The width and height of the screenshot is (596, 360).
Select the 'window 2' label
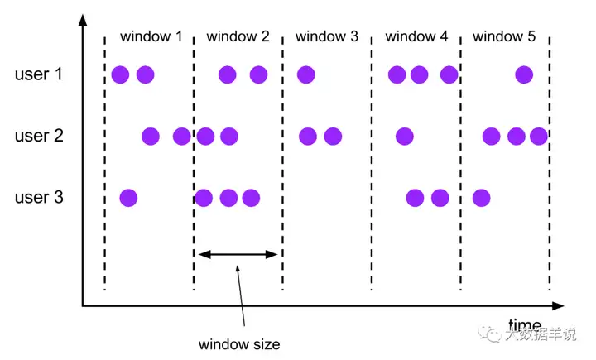point(238,36)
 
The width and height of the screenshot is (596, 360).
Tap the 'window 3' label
point(327,36)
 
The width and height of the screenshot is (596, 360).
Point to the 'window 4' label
point(416,36)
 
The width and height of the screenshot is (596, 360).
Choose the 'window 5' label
point(504,36)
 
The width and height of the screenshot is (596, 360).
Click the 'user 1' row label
point(39,74)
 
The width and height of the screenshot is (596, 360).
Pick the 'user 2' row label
point(39,136)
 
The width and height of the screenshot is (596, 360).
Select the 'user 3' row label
point(39,197)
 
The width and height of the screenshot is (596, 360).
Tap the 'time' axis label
point(525,324)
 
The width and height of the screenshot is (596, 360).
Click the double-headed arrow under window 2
point(238,254)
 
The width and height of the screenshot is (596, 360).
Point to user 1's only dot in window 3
point(305,74)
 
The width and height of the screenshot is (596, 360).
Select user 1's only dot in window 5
point(524,74)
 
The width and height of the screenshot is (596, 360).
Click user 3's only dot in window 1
point(128,197)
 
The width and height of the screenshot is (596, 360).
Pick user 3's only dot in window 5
point(481,197)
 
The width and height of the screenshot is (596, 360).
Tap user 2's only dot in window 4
point(405,136)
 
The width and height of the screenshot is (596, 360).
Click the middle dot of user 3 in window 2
point(228,197)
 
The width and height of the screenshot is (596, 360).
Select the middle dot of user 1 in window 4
point(419,74)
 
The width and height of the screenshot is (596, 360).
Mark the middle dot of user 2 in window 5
point(517,136)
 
